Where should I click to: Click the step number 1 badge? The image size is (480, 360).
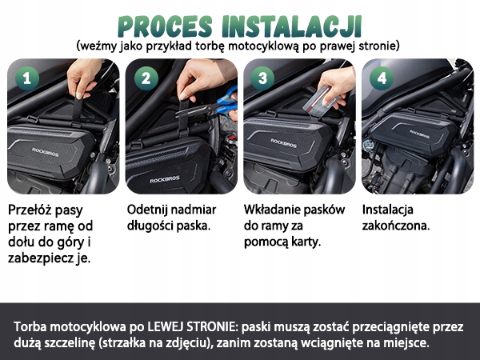click(x=27, y=78)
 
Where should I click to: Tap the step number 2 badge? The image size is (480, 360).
click(x=146, y=78)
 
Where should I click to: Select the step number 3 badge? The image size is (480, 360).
click(x=262, y=78)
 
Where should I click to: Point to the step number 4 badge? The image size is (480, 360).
click(x=382, y=78)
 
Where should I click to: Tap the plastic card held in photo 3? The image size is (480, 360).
click(x=318, y=99)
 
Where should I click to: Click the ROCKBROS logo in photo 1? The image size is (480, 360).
click(x=46, y=152)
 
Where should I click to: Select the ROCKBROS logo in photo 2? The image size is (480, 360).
click(x=165, y=180)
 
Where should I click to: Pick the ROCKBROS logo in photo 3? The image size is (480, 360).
click(x=283, y=142)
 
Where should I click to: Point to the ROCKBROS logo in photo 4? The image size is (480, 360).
click(x=419, y=134)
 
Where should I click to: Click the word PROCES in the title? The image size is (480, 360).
click(x=165, y=26)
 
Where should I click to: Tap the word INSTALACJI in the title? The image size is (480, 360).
click(x=292, y=26)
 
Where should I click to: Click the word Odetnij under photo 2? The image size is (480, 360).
click(x=146, y=210)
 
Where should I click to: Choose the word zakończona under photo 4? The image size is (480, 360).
click(x=396, y=226)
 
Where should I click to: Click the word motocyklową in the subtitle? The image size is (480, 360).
click(x=263, y=46)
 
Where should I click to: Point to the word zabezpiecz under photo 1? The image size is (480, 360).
click(x=41, y=258)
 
